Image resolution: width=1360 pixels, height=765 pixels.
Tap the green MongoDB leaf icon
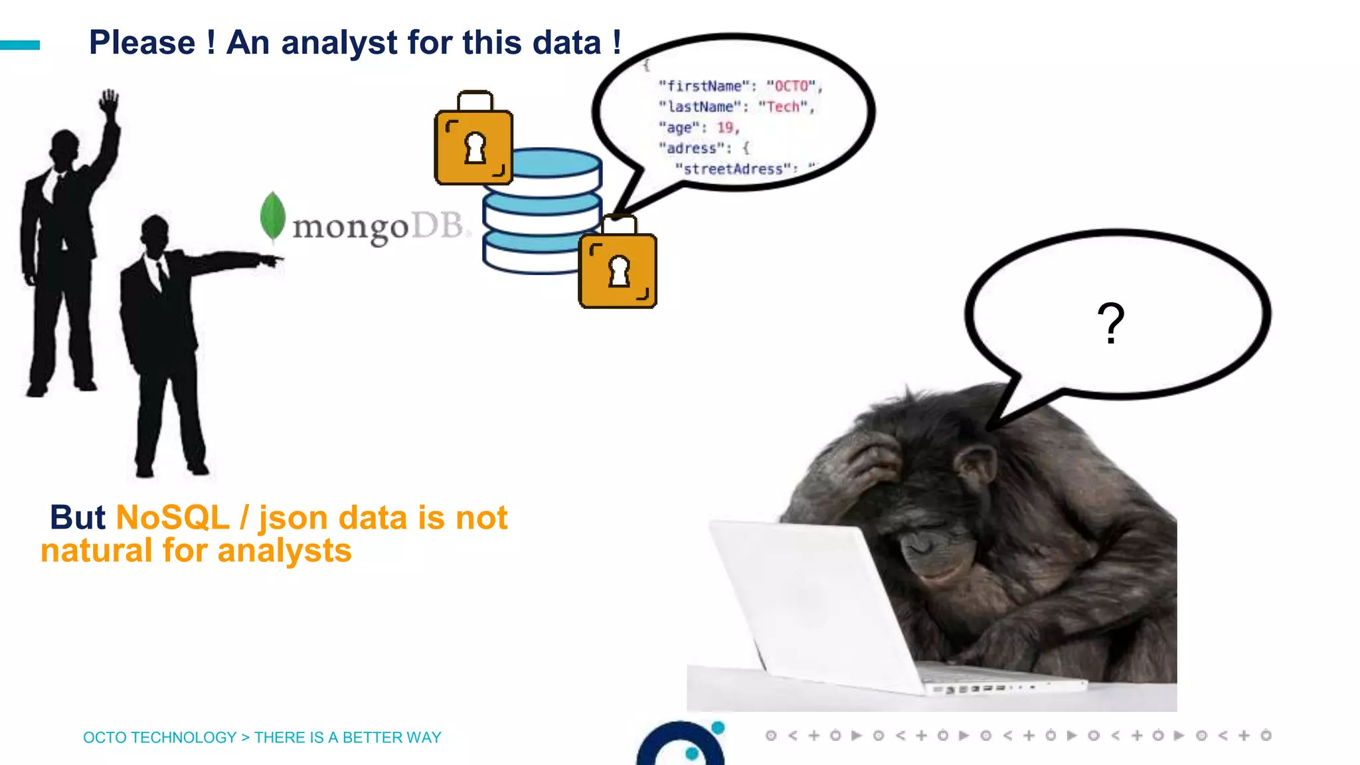coord(272,216)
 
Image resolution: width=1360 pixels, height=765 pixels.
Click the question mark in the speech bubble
coord(1110,323)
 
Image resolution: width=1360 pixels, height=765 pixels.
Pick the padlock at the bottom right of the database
coord(618,266)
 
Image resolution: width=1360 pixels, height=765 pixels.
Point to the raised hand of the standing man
coord(109,103)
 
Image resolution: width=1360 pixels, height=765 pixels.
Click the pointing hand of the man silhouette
coord(271,260)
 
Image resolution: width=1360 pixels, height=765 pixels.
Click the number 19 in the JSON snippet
coord(725,127)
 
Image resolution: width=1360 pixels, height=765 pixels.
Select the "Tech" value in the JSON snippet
coord(784,107)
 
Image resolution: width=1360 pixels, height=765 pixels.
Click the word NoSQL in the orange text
coord(173,518)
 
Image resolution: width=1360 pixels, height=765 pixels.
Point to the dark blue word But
coord(78,518)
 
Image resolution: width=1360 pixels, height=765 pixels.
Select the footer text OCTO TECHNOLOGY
coord(159,738)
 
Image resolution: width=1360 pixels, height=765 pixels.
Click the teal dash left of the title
coord(20,45)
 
